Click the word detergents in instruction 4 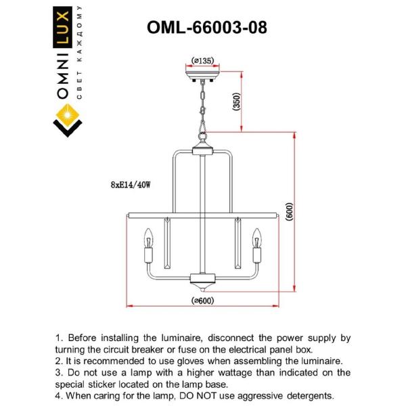[x=302, y=395]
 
